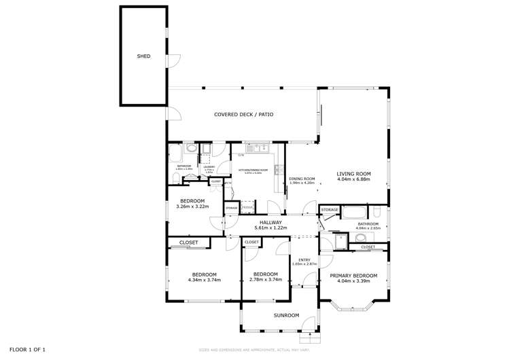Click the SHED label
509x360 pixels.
pos(143,56)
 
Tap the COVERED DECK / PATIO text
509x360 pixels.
pos(243,115)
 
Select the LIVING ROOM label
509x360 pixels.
pos(353,174)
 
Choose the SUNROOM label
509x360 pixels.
pos(286,315)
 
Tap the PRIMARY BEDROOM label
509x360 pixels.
pos(353,275)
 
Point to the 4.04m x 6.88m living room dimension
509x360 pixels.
pos(353,181)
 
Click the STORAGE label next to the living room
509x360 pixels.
pos(330,210)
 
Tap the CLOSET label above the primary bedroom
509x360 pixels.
pos(368,247)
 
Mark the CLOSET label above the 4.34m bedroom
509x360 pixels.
pos(188,242)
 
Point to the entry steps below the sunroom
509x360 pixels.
pos(309,336)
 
